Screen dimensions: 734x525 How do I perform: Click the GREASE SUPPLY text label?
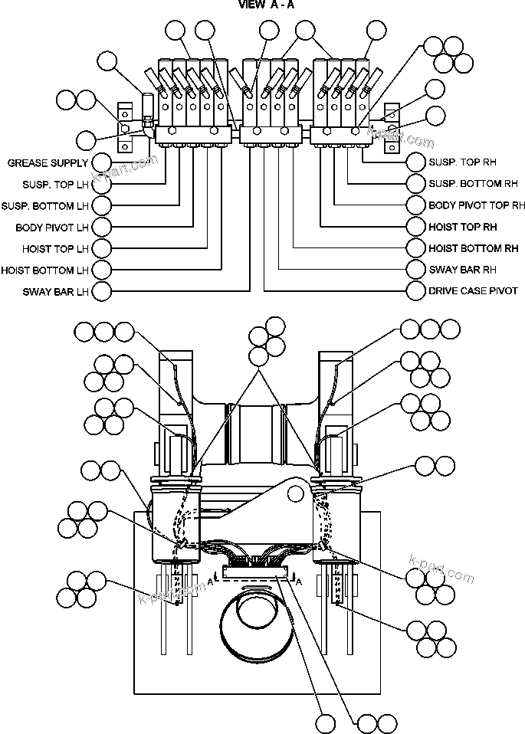point(48,163)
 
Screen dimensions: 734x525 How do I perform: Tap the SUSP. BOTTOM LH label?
point(45,206)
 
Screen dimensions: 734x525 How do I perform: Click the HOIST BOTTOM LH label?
point(45,270)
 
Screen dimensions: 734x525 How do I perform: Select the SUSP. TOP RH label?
point(463,162)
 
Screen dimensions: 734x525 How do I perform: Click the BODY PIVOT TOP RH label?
point(477,205)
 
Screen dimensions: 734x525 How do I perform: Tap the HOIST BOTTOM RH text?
point(473,248)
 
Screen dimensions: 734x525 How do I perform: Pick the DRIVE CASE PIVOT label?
point(473,291)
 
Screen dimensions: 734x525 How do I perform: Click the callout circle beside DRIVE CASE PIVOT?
point(416,291)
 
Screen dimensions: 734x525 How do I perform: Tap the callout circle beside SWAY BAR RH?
point(416,270)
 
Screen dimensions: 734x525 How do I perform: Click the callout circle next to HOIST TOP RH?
point(416,227)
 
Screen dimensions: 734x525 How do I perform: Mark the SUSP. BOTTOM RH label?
point(473,184)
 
